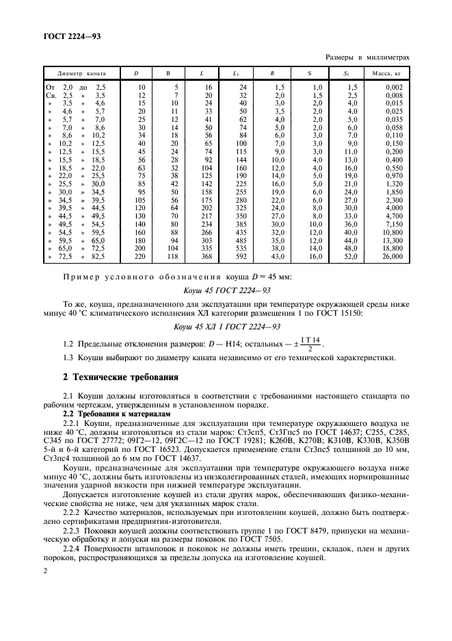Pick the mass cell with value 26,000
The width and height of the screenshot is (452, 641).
pyautogui.click(x=393, y=256)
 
